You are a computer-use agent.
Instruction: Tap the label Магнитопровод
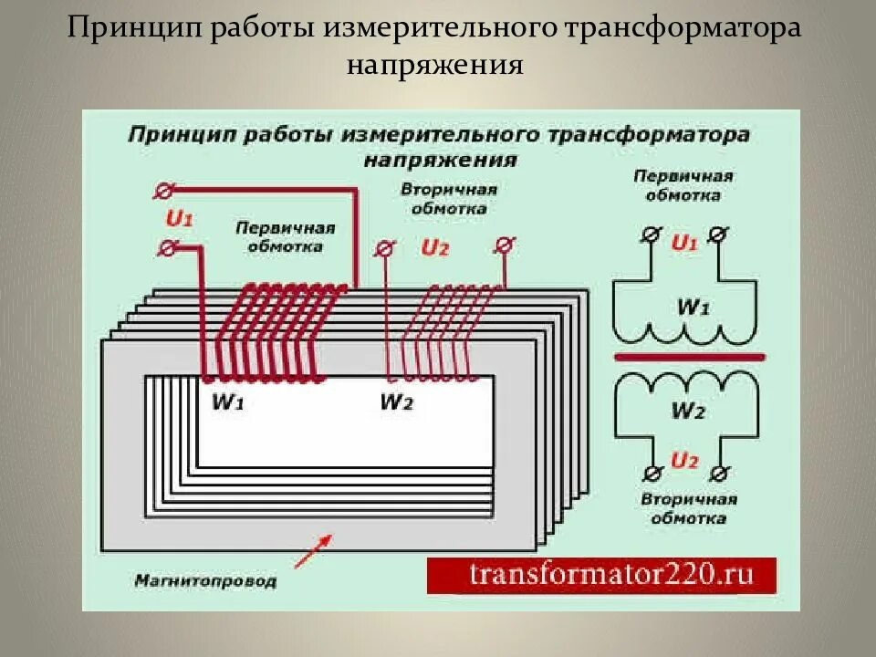pyautogui.click(x=204, y=579)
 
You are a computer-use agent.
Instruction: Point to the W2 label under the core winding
pyautogui.click(x=396, y=401)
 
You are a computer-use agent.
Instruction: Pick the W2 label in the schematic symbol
pyautogui.click(x=688, y=411)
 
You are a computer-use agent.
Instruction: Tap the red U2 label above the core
pyautogui.click(x=434, y=247)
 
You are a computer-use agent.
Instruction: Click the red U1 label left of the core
pyautogui.click(x=179, y=219)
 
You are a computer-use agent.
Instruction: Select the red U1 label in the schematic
pyautogui.click(x=684, y=243)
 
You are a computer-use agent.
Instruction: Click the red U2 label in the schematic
pyautogui.click(x=684, y=460)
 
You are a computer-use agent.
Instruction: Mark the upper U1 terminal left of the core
pyautogui.click(x=166, y=191)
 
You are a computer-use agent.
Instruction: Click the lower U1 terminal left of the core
pyautogui.click(x=167, y=247)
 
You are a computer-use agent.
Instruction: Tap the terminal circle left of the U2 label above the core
pyautogui.click(x=385, y=247)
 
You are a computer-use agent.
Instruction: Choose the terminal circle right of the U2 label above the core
pyautogui.click(x=502, y=245)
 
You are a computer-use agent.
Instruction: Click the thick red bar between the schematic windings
pyautogui.click(x=689, y=358)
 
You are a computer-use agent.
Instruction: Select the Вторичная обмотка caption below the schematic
pyautogui.click(x=688, y=509)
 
